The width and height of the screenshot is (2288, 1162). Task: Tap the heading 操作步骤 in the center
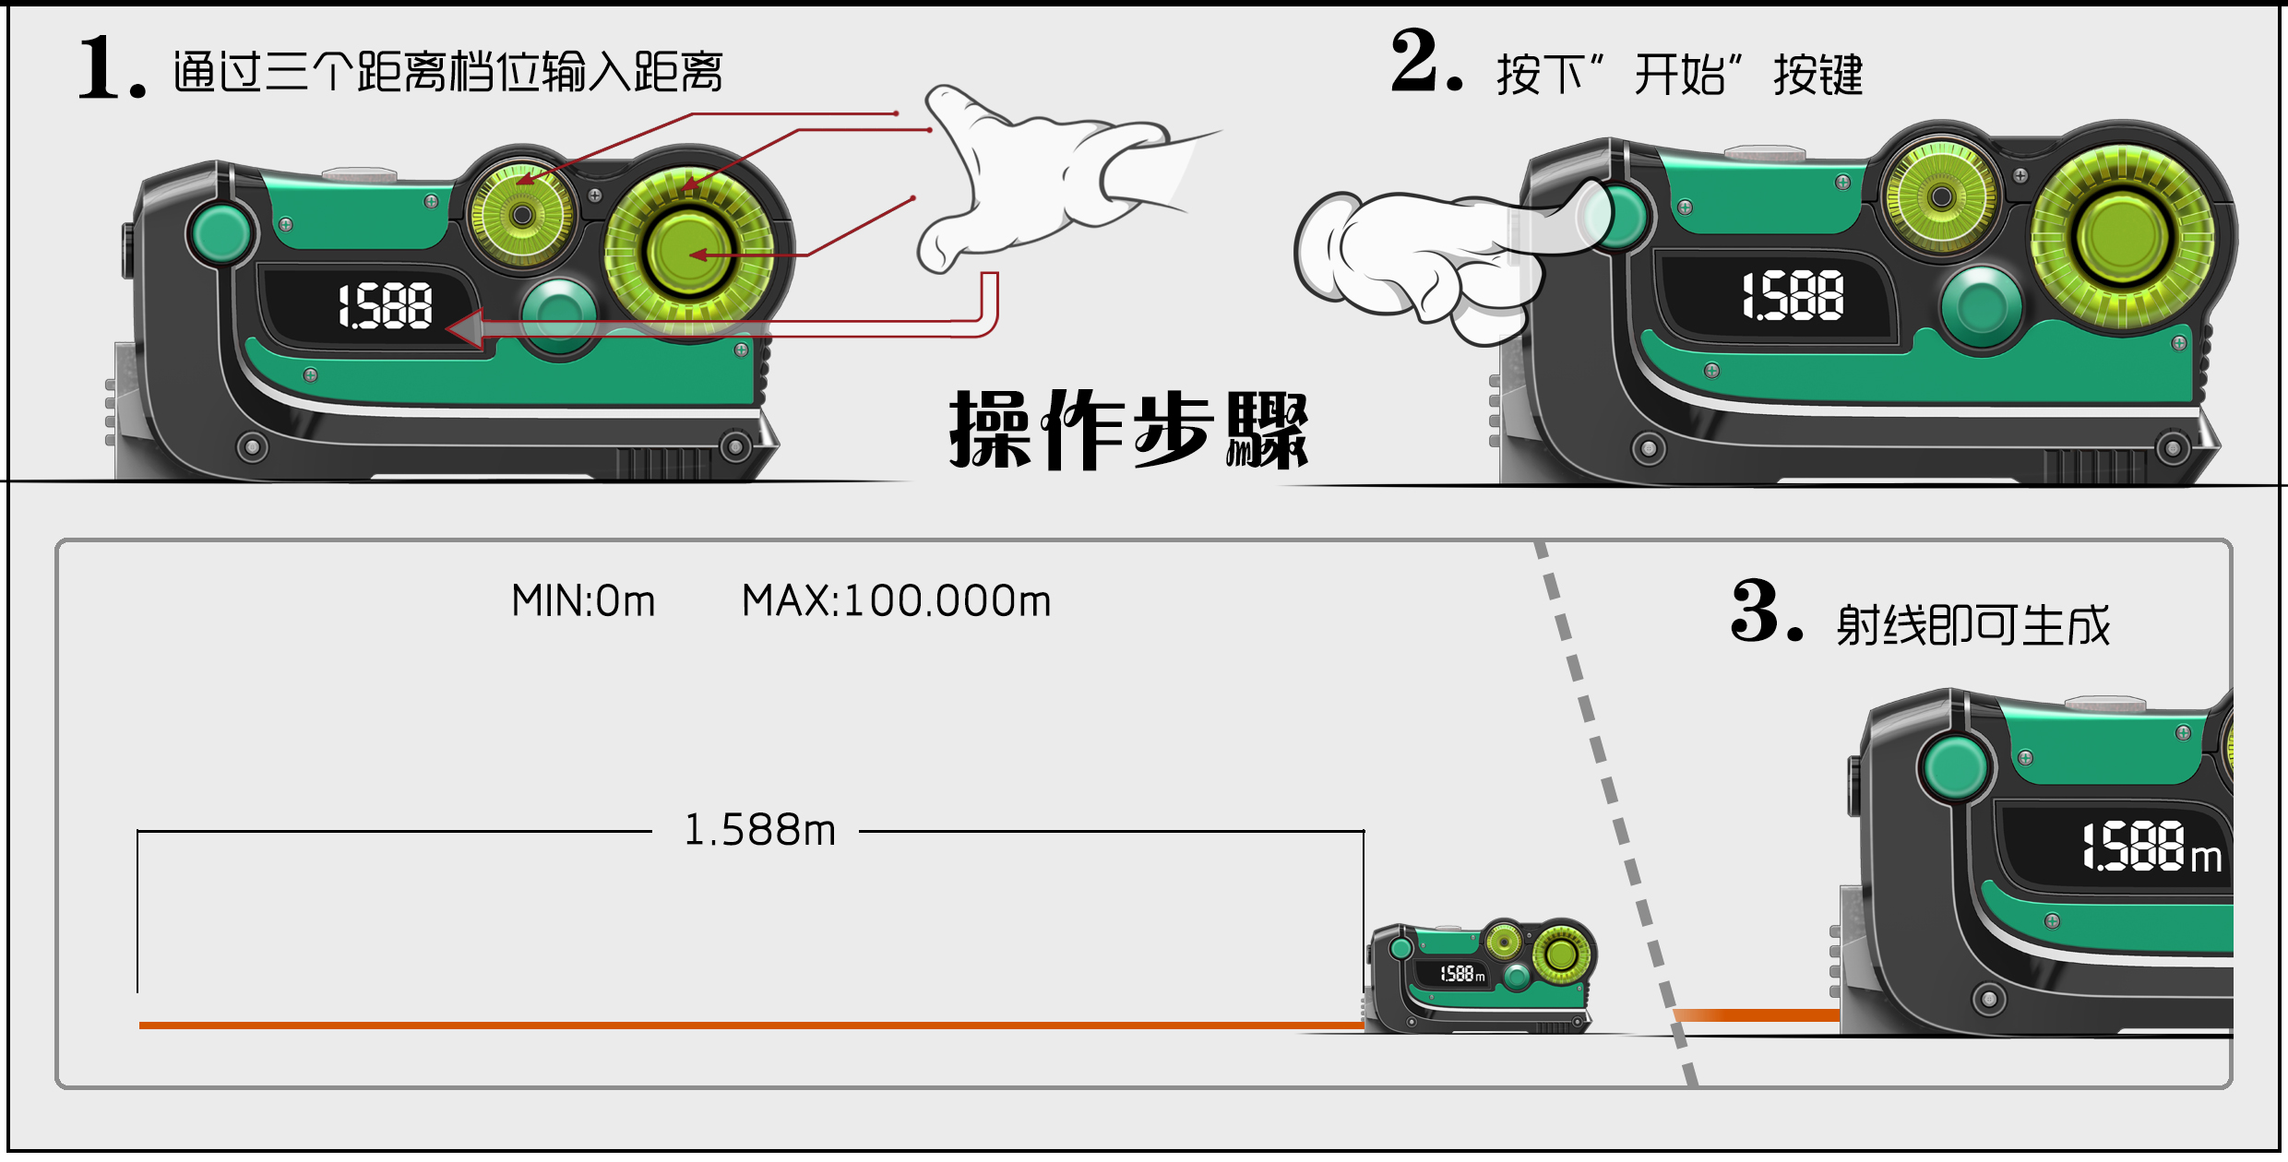point(1127,431)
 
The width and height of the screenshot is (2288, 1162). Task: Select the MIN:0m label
point(583,601)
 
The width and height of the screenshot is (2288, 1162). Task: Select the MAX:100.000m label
point(896,601)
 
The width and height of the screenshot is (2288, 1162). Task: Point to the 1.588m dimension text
point(758,830)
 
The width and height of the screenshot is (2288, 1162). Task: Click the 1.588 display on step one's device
point(385,307)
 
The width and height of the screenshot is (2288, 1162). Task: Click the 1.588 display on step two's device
point(1792,296)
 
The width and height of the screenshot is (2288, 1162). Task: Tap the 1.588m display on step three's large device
point(2150,847)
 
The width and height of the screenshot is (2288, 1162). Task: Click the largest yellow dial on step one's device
point(688,251)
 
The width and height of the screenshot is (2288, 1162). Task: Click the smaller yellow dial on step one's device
point(522,215)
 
